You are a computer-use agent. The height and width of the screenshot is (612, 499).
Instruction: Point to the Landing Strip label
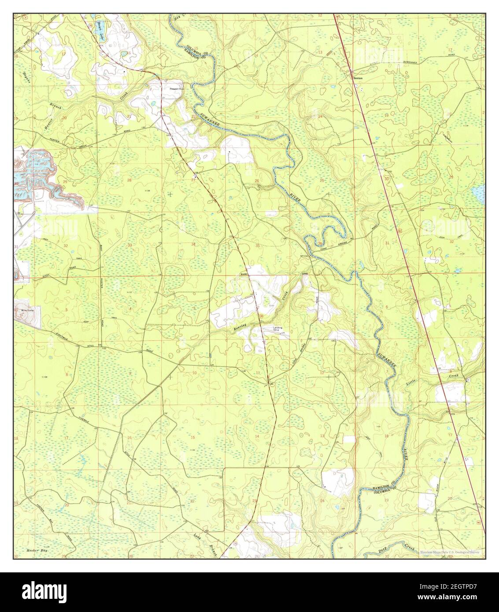pyautogui.click(x=277, y=328)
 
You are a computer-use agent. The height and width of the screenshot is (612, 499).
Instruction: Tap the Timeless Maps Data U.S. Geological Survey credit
pyautogui.click(x=449, y=552)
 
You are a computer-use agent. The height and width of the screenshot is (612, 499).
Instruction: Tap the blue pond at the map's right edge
pyautogui.click(x=477, y=192)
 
